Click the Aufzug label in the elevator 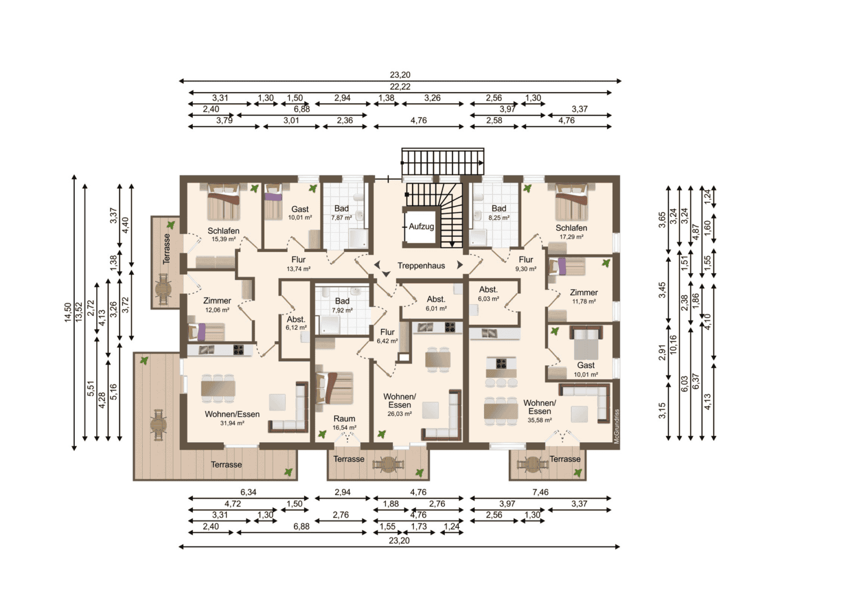[421, 227]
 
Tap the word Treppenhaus [421, 265]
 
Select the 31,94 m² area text [232, 423]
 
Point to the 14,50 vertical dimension [68, 312]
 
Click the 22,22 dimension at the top [400, 87]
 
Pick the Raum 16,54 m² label [345, 423]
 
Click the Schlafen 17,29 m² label [571, 232]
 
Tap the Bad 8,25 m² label [499, 212]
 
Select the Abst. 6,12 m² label [296, 323]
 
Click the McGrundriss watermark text [617, 427]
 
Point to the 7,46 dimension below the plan [540, 492]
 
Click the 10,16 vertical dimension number [673, 345]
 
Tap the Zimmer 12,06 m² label [217, 305]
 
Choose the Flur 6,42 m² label [387, 336]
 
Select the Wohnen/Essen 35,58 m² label [540, 411]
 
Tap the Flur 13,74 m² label [299, 264]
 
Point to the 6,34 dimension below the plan [248, 492]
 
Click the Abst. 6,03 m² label [488, 293]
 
